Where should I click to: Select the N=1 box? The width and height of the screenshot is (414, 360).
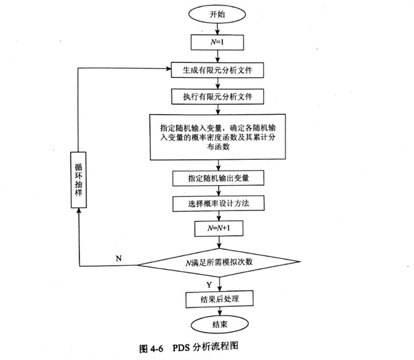point(217,42)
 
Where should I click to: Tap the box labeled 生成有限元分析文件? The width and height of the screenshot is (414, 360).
point(217,70)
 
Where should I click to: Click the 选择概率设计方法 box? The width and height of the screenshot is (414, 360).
point(217,204)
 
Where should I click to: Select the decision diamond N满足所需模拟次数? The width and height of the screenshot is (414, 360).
point(217,263)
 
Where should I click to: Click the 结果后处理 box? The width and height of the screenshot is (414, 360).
point(217,299)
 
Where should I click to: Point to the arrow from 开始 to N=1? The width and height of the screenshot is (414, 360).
point(217,28)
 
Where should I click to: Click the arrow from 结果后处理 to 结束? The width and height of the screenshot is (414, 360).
point(217,310)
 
